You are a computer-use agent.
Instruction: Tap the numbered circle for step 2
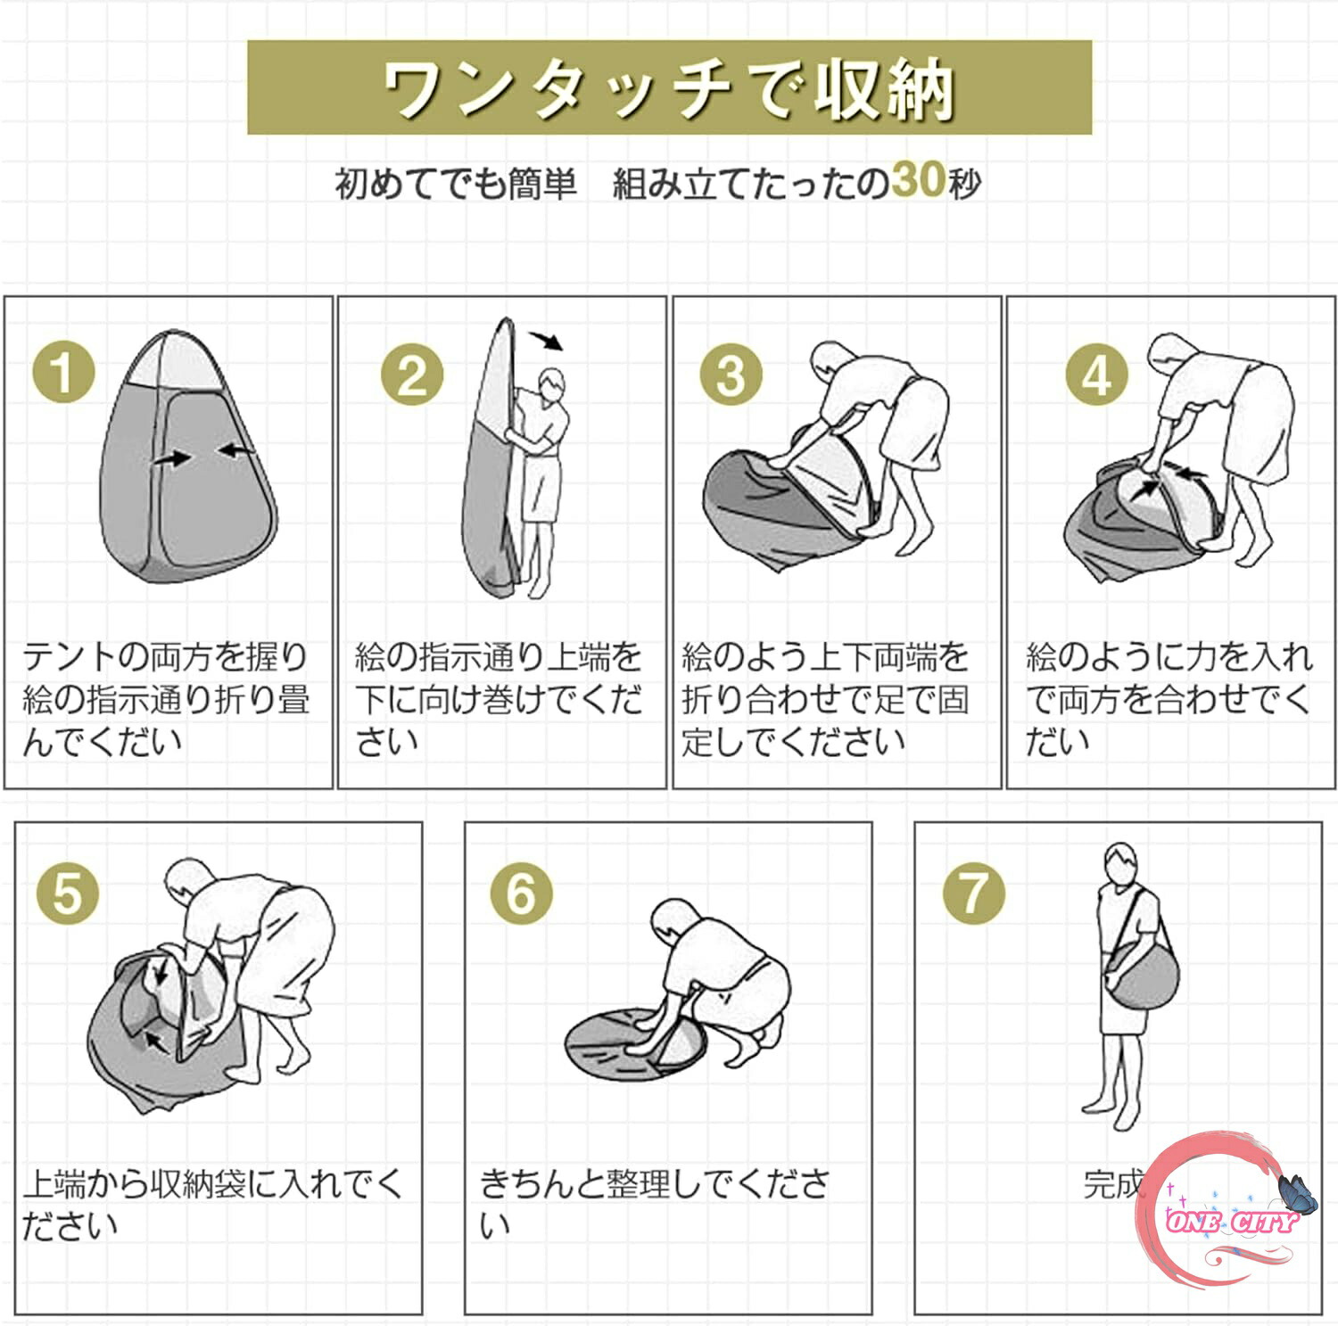(x=411, y=374)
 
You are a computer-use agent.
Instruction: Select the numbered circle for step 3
(x=731, y=374)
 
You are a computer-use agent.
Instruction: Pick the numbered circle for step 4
(x=1097, y=374)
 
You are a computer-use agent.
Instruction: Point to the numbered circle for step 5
(x=68, y=893)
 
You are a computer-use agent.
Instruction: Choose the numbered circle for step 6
(x=522, y=893)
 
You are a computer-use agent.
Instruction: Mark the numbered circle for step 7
(x=974, y=893)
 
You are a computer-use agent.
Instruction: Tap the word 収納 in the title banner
(x=886, y=89)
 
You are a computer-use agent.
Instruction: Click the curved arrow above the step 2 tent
(x=546, y=340)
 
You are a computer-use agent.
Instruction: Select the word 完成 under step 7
(x=1114, y=1183)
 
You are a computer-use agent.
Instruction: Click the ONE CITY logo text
(x=1231, y=1221)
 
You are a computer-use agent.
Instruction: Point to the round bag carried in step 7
(x=1143, y=975)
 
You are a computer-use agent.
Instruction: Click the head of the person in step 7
(x=1121, y=863)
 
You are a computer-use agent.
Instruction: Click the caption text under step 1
(x=166, y=699)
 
